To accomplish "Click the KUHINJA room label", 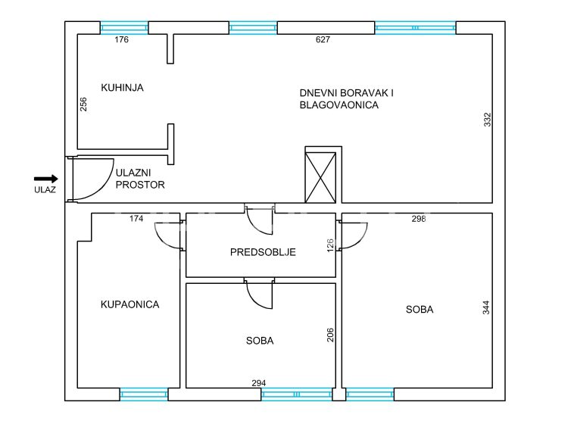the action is [122, 88].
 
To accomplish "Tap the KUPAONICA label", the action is [130, 304].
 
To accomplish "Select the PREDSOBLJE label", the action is [263, 252].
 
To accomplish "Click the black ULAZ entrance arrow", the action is [45, 179].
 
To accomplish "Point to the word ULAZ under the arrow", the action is [45, 189].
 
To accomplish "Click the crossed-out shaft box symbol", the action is [320, 177].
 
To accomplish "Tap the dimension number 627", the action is [323, 39].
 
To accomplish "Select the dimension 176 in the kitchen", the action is [121, 39].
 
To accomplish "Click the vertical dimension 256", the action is [83, 104].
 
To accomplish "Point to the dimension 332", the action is [487, 120].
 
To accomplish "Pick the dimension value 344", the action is [485, 307].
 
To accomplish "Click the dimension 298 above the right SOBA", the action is [419, 219].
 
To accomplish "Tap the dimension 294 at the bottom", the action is [259, 383].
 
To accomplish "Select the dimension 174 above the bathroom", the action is [136, 219].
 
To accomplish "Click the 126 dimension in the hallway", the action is [330, 245].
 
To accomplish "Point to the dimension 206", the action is [330, 335].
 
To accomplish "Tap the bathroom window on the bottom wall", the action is [144, 394].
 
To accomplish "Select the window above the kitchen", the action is [124, 28].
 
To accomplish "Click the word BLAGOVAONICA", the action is [339, 105].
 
